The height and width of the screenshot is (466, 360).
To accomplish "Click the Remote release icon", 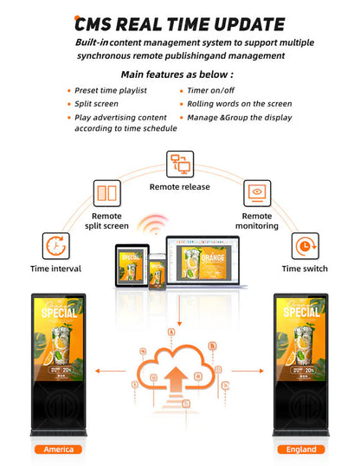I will coord(181,164).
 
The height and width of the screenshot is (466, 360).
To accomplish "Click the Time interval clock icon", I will coord(55,245).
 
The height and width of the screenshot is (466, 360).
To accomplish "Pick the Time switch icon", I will coord(303,246).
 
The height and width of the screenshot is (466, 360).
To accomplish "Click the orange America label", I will coord(60,450).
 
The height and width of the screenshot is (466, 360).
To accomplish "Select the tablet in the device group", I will coord(132,266).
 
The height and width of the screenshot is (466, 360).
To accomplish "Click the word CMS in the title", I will coord(96,24).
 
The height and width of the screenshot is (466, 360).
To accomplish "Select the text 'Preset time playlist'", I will coord(112,89).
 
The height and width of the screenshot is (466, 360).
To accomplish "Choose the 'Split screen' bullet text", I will coord(97,103).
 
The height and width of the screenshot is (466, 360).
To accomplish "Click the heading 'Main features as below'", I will coord(179,74).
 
